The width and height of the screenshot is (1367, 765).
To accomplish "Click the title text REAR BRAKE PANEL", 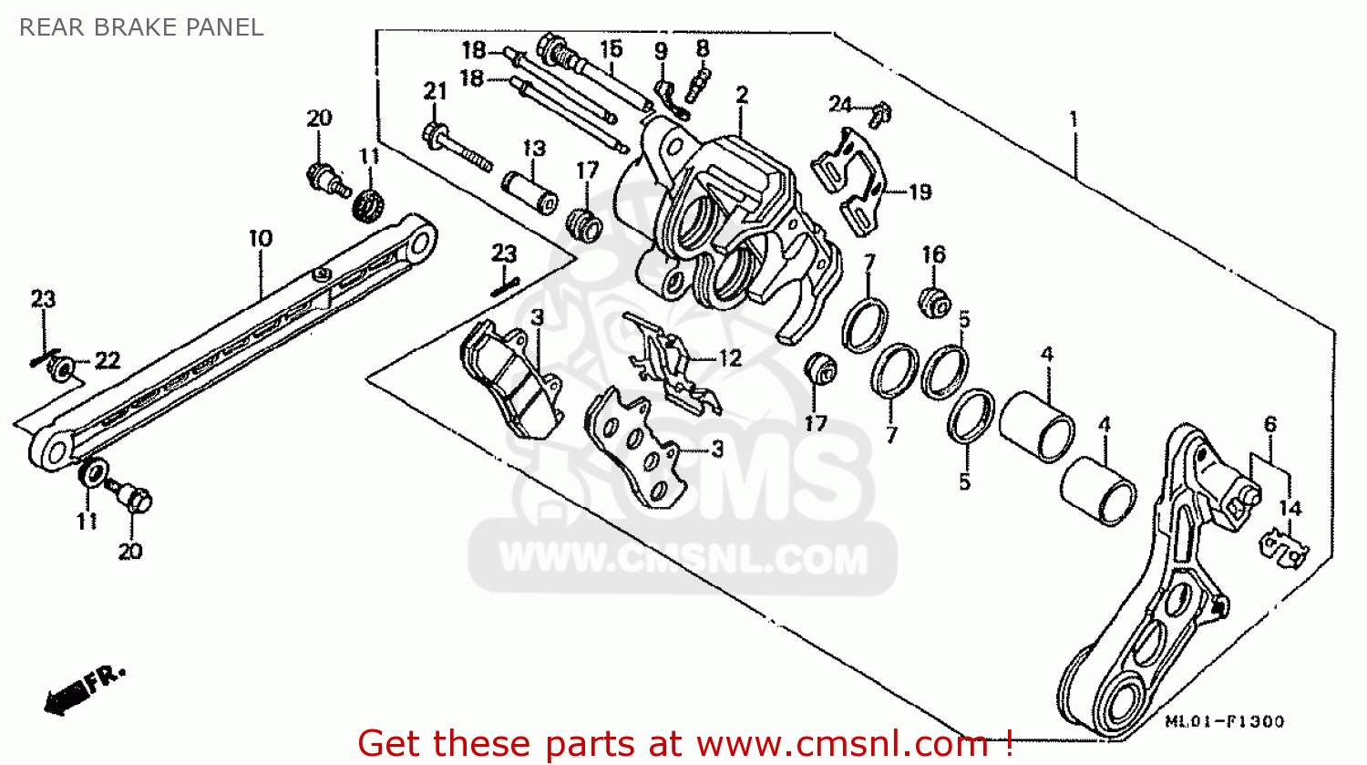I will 141,27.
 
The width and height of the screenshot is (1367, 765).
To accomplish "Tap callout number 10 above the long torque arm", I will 261,239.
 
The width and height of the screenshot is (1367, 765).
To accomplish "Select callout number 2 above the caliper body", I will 742,95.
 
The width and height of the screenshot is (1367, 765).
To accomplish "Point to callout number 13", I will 534,149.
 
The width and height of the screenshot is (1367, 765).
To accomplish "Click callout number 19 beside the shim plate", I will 920,192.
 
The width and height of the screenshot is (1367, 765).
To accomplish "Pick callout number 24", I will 839,105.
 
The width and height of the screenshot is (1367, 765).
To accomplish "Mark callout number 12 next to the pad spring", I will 730,358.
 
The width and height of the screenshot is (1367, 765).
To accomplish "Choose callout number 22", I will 108,361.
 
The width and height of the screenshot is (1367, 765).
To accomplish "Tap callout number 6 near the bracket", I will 1269,424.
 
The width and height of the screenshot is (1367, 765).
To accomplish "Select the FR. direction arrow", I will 82,689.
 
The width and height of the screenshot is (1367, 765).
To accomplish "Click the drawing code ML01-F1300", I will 1225,721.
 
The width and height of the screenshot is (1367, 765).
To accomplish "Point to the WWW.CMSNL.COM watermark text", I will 683,558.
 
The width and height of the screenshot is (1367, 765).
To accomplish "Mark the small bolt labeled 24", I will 880,114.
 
